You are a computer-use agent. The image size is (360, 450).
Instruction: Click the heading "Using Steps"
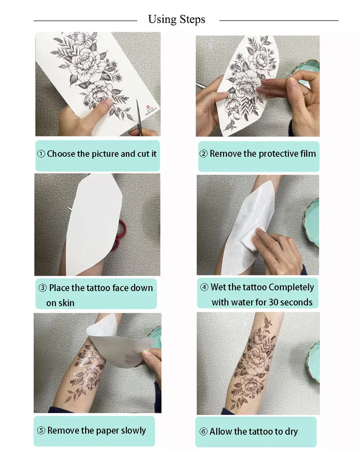[x=176, y=19]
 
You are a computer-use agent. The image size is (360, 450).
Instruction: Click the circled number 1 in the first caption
[x=41, y=154]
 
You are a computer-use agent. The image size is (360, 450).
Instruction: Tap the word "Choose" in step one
[x=61, y=154]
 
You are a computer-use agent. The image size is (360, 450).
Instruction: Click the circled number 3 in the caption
[x=42, y=288]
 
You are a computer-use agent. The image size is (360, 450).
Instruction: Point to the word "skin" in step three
[x=67, y=303]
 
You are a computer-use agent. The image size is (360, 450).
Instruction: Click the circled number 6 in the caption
[x=203, y=432]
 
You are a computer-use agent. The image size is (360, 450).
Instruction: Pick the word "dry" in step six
[x=291, y=432]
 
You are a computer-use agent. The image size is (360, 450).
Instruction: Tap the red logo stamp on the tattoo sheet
[x=148, y=107]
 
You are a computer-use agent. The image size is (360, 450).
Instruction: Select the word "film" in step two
[x=308, y=153]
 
